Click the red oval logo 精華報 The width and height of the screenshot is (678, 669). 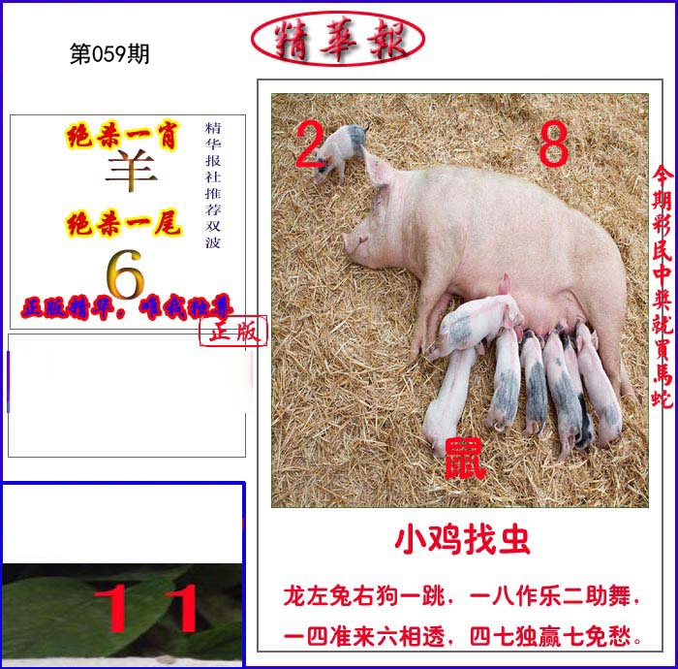point(337,39)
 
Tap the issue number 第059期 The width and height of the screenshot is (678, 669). point(109,55)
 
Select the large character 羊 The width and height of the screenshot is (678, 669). point(131,175)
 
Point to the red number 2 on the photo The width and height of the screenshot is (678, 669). point(308,146)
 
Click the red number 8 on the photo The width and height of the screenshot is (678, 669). point(553,146)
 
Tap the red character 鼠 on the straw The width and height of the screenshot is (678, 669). point(465,458)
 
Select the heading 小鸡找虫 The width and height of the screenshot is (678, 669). point(462,540)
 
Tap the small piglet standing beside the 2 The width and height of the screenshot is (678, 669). point(341,151)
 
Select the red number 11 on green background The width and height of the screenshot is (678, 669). point(150,608)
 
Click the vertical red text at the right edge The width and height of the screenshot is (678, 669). point(663,286)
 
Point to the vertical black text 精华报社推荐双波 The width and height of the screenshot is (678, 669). point(213,184)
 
